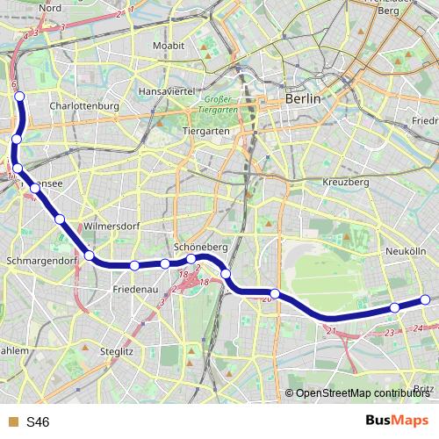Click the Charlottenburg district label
point(84,105)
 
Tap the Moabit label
point(168,44)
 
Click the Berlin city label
point(303,99)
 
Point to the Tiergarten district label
point(205,130)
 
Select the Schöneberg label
point(202,248)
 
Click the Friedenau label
point(134,288)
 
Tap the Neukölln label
point(406,251)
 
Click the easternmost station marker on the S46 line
point(426,299)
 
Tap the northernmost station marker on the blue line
point(20,97)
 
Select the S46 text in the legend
point(38,422)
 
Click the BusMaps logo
point(397,421)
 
